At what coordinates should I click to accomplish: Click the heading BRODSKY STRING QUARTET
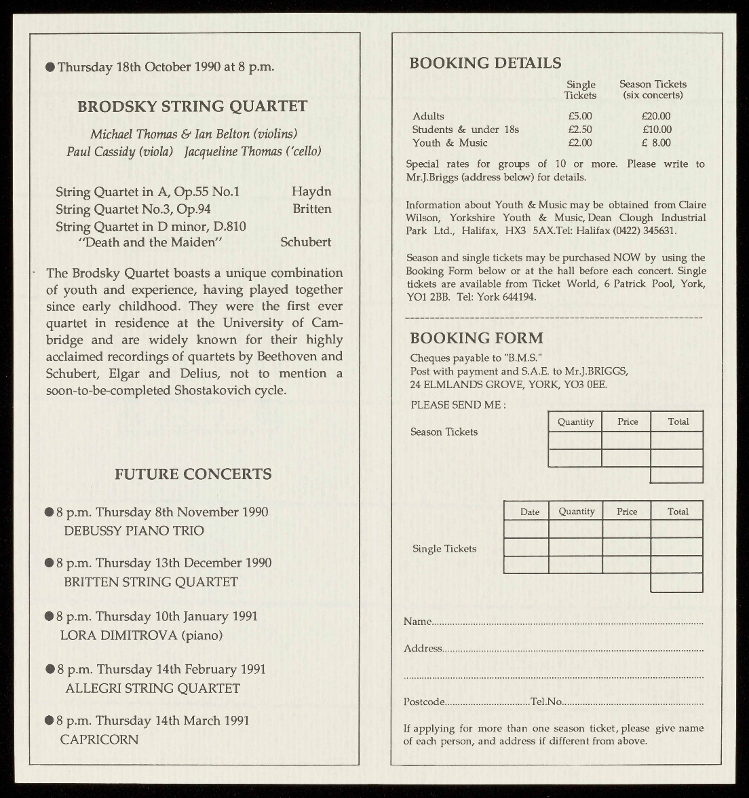[192, 107]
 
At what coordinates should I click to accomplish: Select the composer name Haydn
[311, 192]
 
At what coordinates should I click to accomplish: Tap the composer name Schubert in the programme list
[305, 242]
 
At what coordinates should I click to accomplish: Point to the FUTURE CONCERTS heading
[193, 474]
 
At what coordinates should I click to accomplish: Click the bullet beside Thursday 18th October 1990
[50, 66]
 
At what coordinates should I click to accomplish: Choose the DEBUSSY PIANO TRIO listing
[134, 531]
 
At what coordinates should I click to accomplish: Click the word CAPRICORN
[99, 740]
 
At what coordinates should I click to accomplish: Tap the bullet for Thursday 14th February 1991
[50, 669]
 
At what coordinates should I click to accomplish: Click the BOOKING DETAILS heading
[485, 63]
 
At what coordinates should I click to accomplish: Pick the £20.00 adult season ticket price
[656, 116]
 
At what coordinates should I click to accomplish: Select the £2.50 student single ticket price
[580, 130]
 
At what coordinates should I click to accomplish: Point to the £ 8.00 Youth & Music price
[656, 142]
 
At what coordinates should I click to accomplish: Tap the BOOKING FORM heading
[476, 338]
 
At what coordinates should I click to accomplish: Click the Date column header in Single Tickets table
[530, 512]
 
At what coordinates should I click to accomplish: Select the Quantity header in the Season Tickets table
[575, 422]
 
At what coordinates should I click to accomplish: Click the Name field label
[417, 622]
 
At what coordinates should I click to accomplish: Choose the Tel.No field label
[546, 702]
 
